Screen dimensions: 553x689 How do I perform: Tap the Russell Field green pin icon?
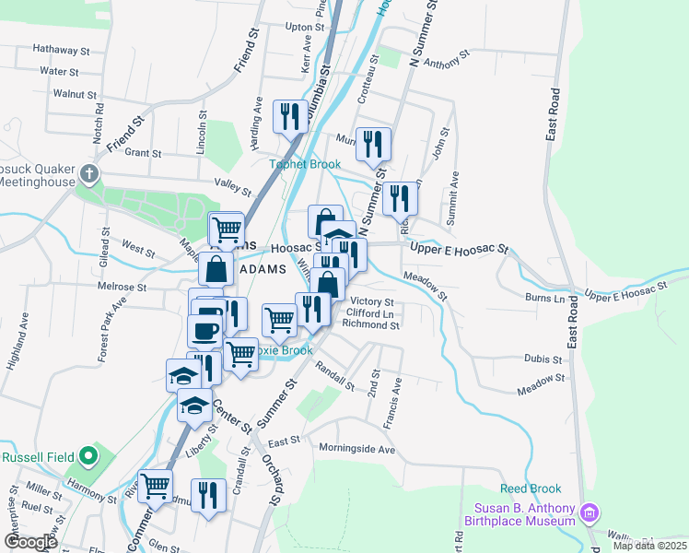point(86,455)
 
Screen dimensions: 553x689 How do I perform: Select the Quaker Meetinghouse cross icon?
point(88,173)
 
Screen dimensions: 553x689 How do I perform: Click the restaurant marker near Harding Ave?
point(290,117)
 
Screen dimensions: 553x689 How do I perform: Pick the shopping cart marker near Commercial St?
point(155,486)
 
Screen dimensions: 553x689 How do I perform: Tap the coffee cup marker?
point(204,330)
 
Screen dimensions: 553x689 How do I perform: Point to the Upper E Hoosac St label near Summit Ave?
point(459,249)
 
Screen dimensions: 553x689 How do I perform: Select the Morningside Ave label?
point(356,449)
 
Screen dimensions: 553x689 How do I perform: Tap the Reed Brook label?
point(525,488)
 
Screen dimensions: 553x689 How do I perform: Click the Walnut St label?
point(75,94)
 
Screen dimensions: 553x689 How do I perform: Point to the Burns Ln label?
point(544,299)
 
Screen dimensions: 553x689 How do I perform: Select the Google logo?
point(30,542)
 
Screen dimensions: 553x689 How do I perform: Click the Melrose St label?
point(123,288)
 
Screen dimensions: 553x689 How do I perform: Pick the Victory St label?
point(372,302)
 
